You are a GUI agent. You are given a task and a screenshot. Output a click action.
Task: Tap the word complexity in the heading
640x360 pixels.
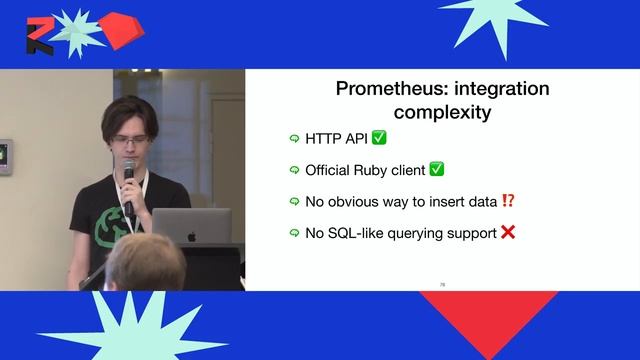point(442,112)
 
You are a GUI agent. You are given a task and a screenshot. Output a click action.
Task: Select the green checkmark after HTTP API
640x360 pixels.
point(379,138)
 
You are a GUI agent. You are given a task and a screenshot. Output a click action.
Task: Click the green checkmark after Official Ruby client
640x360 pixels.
point(436,170)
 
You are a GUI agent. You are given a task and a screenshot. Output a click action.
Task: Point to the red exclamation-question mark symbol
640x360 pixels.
point(508,201)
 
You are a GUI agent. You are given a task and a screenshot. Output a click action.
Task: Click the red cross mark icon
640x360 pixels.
point(508,233)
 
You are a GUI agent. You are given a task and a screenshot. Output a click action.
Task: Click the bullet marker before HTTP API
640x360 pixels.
point(294,139)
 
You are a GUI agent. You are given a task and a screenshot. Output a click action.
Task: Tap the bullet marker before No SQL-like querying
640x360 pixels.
point(294,234)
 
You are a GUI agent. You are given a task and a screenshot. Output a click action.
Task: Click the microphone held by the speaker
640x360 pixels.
point(128,180)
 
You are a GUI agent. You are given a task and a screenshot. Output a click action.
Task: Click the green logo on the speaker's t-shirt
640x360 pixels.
point(108,229)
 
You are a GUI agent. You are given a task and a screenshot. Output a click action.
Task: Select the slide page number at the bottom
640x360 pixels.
point(441,284)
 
